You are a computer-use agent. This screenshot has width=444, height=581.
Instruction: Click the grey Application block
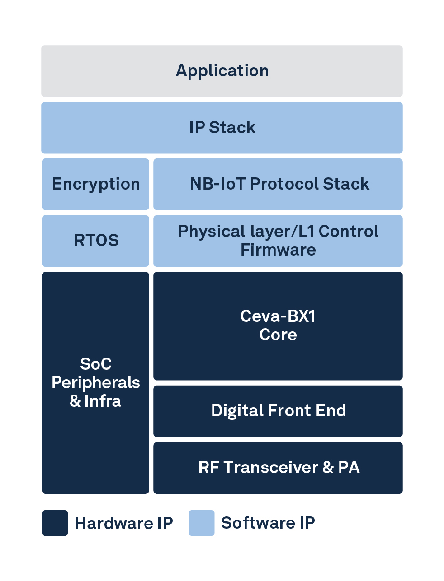coord(222,71)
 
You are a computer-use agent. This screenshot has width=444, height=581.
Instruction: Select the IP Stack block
coord(222,128)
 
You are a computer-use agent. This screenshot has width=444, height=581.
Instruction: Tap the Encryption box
coord(95,184)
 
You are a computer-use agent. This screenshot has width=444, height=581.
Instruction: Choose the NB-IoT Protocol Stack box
coord(278,184)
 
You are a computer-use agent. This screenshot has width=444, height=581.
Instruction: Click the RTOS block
coord(95,241)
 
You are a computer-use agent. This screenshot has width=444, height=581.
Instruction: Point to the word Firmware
coord(278,250)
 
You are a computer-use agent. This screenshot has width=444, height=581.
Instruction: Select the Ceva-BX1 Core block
coord(278,325)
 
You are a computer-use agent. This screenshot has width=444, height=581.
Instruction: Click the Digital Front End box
coord(278,411)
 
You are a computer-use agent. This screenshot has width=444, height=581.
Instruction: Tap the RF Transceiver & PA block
coord(278,468)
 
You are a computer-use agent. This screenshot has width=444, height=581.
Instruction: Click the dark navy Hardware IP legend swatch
coord(55,523)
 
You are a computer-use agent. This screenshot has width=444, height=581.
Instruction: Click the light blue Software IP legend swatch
coord(201,523)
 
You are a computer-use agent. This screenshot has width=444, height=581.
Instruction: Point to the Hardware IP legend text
coord(124,523)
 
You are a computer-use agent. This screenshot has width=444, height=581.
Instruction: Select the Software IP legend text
coord(268,523)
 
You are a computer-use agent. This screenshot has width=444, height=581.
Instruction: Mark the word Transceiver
coord(270,468)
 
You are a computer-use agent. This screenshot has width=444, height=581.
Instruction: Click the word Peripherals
coord(95,383)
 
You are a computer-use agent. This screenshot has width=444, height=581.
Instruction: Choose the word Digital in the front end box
coord(237,411)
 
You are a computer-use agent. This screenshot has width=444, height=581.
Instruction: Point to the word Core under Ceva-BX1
coord(278,335)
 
